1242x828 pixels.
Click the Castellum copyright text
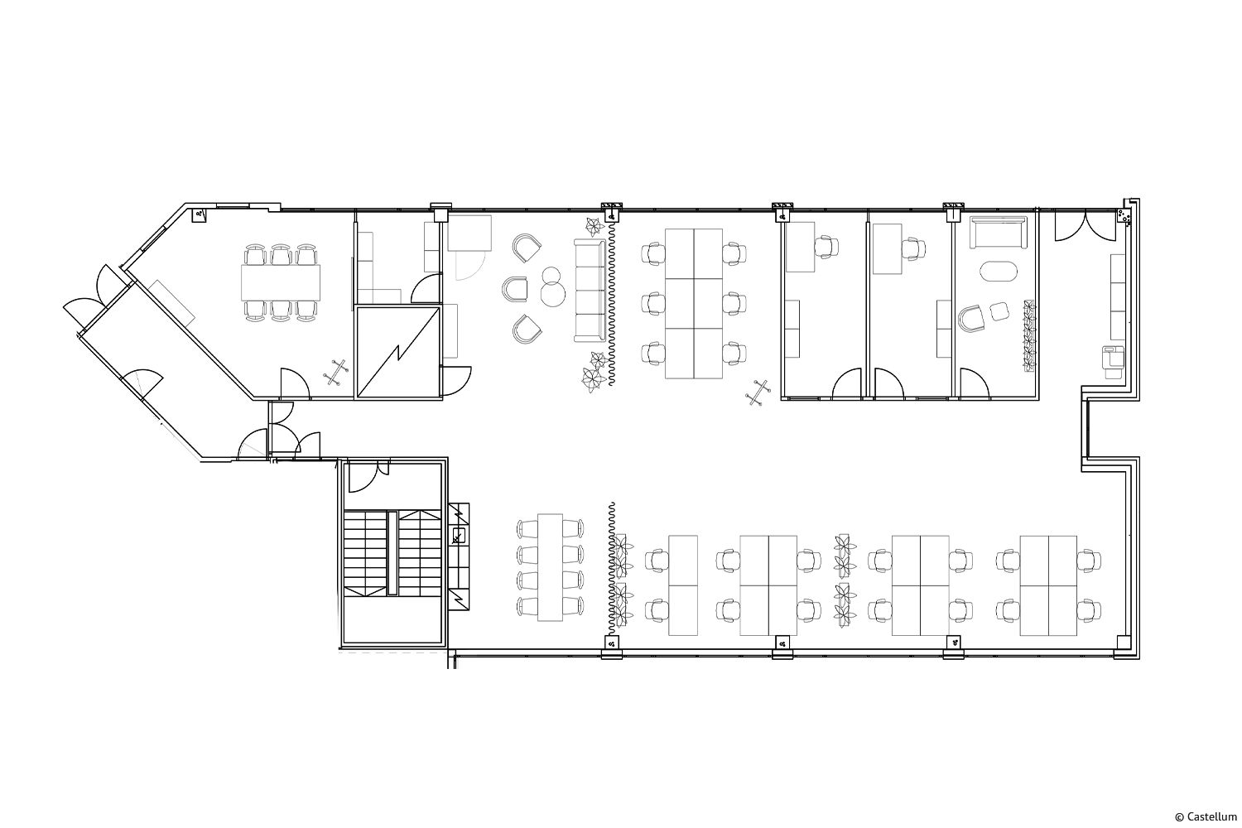tap(1206, 816)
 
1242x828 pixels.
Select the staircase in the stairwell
tap(392, 553)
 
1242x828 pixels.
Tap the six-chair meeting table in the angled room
tap(282, 283)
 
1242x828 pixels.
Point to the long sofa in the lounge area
tap(590, 290)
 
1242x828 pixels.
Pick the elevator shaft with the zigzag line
tap(398, 352)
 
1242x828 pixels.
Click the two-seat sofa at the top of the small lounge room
tap(998, 232)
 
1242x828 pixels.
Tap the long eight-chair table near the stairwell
tap(550, 567)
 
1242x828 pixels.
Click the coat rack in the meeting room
tap(335, 372)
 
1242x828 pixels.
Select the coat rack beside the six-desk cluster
tap(758, 392)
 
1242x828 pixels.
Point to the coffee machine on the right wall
tap(1114, 361)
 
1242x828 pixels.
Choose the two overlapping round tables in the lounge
tap(552, 286)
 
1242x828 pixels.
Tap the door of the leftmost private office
tap(847, 384)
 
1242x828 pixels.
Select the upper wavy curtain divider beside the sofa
tap(612, 303)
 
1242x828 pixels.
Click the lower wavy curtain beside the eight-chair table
tap(612, 569)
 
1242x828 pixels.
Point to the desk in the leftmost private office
tap(800, 247)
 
